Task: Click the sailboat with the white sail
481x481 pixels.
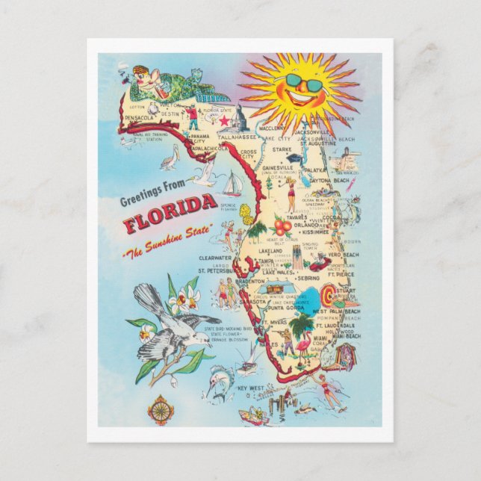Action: (x=233, y=184)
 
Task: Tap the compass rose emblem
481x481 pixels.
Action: (x=158, y=409)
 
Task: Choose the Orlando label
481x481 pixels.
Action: (x=306, y=225)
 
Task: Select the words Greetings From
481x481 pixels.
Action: (x=158, y=199)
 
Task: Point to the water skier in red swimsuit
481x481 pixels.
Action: (x=326, y=390)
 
